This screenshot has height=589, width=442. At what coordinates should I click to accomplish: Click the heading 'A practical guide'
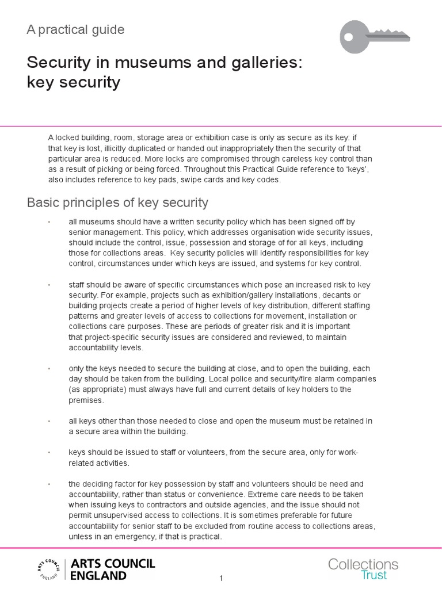pyautogui.click(x=75, y=30)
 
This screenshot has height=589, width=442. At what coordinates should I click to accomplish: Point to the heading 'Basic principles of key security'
pyautogui.click(x=117, y=202)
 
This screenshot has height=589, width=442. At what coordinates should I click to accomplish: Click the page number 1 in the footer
pyautogui.click(x=221, y=578)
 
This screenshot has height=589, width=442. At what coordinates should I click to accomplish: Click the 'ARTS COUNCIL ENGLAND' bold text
pyautogui.click(x=112, y=569)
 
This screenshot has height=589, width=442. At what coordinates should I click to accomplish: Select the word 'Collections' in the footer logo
pyautogui.click(x=363, y=564)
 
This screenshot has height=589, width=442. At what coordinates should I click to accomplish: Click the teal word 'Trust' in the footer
pyautogui.click(x=374, y=575)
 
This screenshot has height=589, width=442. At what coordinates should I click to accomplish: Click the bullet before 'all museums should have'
pyautogui.click(x=49, y=222)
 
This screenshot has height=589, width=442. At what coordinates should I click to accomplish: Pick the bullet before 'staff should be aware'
pyautogui.click(x=49, y=285)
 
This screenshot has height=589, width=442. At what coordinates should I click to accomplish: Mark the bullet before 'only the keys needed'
pyautogui.click(x=49, y=369)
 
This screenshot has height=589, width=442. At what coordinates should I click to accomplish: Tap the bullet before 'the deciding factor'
pyautogui.click(x=49, y=484)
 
